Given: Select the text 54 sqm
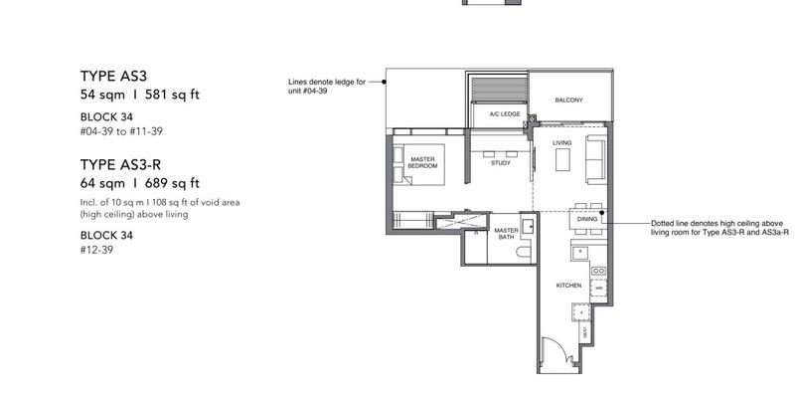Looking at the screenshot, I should pyautogui.click(x=101, y=95).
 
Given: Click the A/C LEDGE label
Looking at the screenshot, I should pyautogui.click(x=504, y=114).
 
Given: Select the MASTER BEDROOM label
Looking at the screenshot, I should pyautogui.click(x=423, y=163).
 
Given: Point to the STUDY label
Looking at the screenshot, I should pyautogui.click(x=501, y=162).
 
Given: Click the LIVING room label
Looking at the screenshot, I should pyautogui.click(x=562, y=143).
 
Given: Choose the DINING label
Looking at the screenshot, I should pyautogui.click(x=586, y=218).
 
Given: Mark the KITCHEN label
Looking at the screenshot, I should pyautogui.click(x=568, y=286).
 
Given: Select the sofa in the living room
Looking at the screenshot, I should pyautogui.click(x=597, y=159).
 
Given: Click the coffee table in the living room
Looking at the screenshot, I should pyautogui.click(x=562, y=159).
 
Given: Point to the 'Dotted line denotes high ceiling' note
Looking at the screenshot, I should pyautogui.click(x=705, y=228).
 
